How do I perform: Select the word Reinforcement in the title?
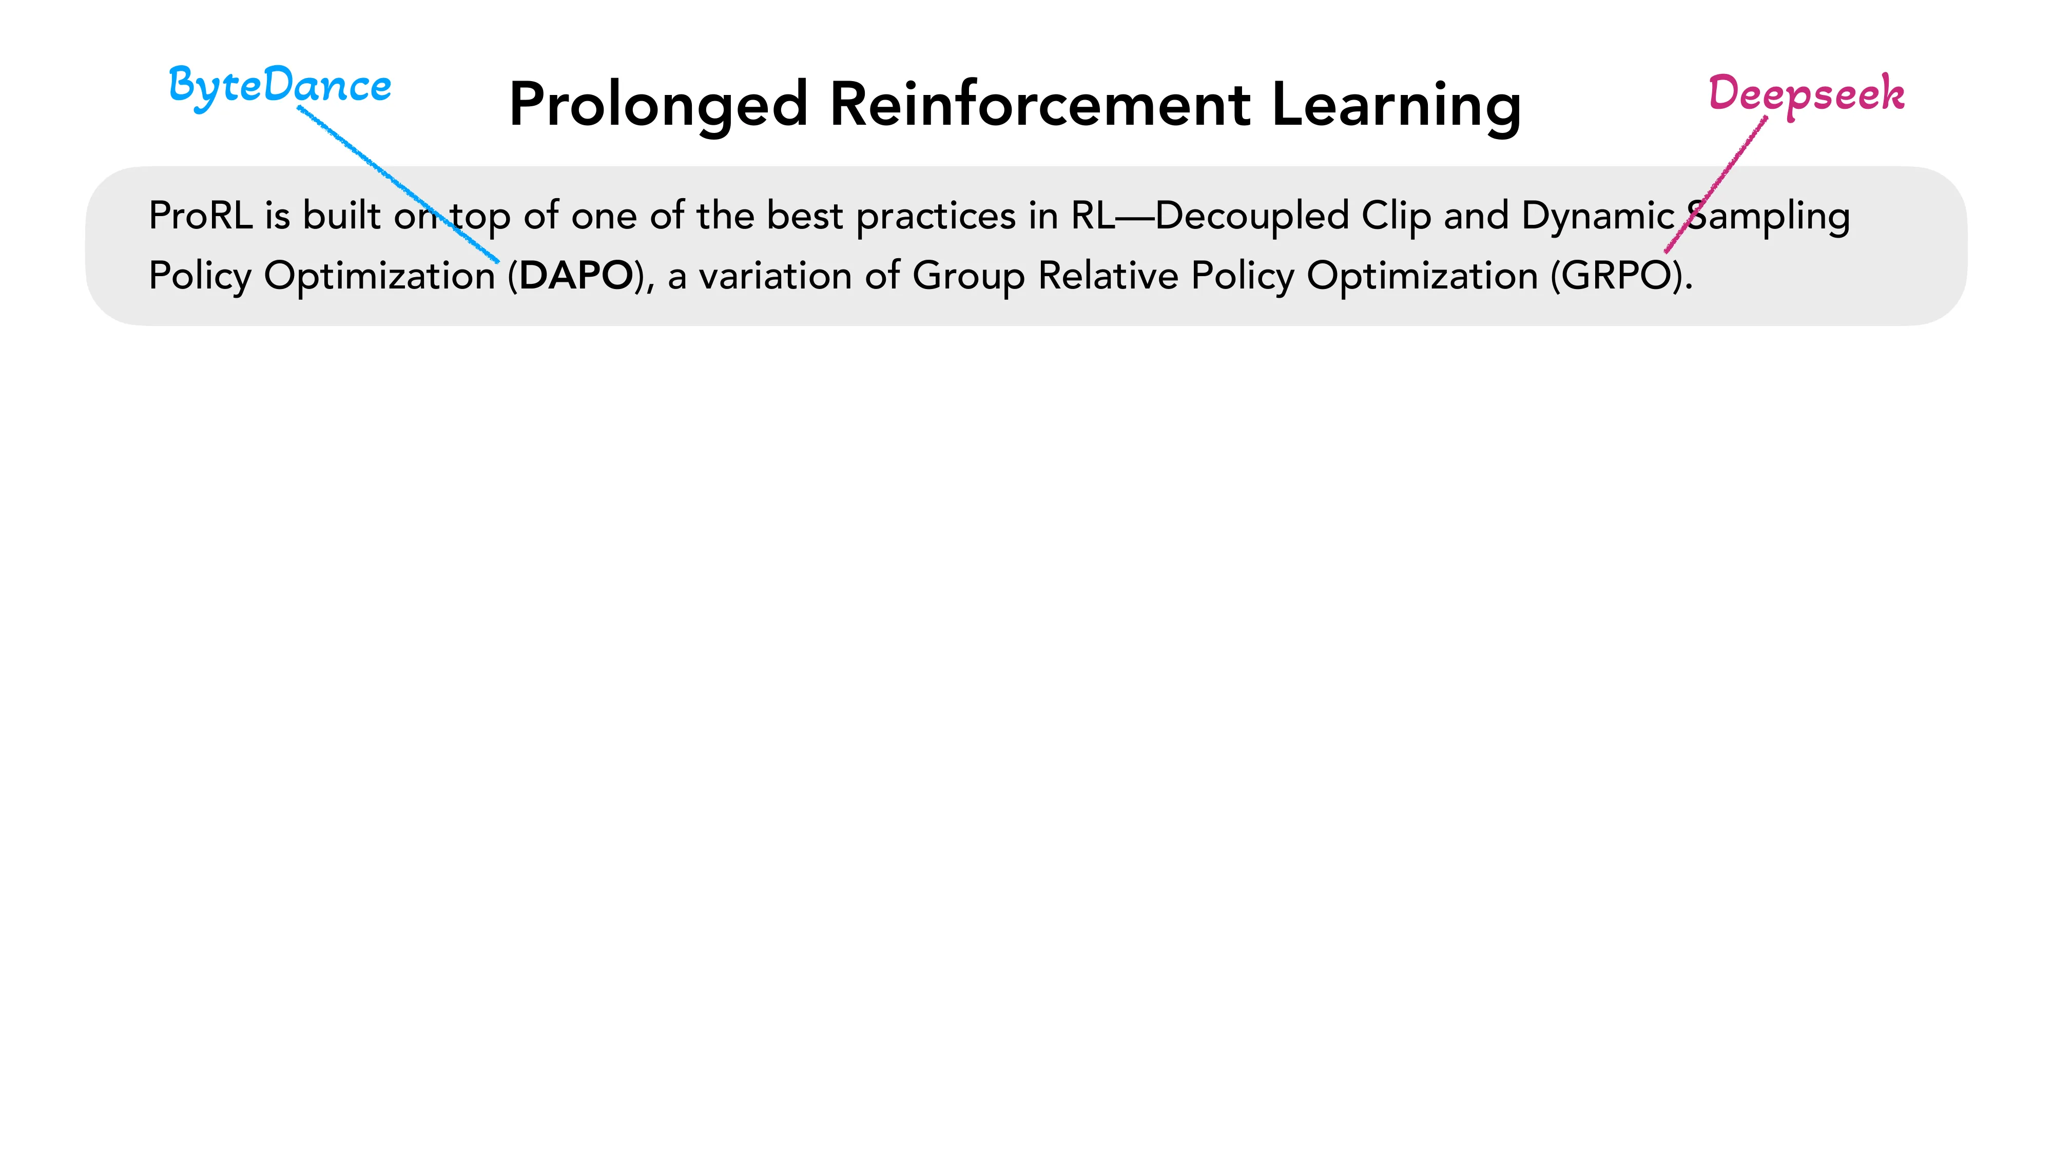coord(1040,104)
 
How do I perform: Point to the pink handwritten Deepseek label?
coord(1806,94)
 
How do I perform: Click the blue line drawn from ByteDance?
coord(375,167)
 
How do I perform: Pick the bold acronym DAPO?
coord(575,276)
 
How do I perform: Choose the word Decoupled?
coord(1251,217)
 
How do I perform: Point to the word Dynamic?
coord(1598,217)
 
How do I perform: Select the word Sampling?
coord(1769,217)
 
